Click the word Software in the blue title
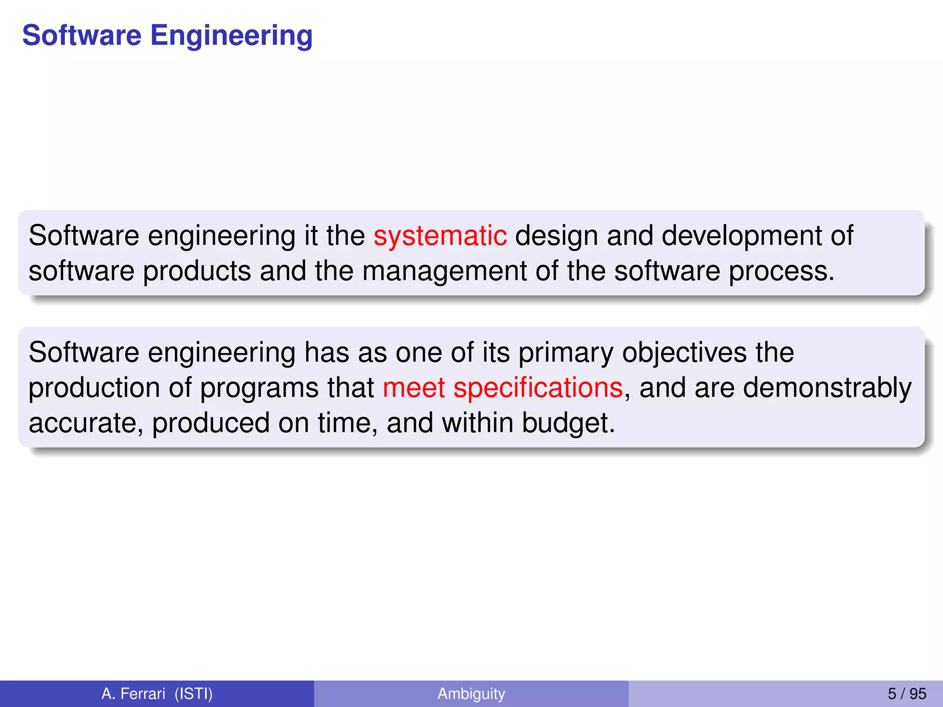pyautogui.click(x=81, y=36)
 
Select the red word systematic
pyautogui.click(x=440, y=236)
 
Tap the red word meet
pyautogui.click(x=413, y=388)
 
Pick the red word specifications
pyautogui.click(x=538, y=388)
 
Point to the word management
pyautogui.click(x=444, y=271)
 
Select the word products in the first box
pyautogui.click(x=197, y=271)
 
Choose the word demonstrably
pyautogui.click(x=827, y=388)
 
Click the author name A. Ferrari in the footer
pyautogui.click(x=133, y=694)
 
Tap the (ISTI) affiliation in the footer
pyautogui.click(x=193, y=694)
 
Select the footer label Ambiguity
pyautogui.click(x=471, y=694)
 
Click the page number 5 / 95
pyautogui.click(x=907, y=694)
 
